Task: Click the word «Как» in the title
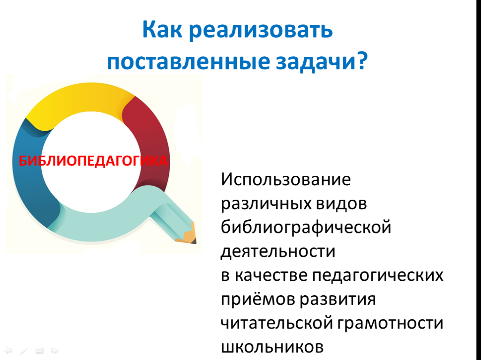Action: (x=162, y=30)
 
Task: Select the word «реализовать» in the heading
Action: (x=261, y=31)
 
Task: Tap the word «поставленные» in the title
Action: (x=188, y=61)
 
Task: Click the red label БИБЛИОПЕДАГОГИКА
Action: (x=93, y=161)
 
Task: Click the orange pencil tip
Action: (x=188, y=234)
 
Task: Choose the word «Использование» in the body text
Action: (x=286, y=179)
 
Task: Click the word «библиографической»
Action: (x=306, y=228)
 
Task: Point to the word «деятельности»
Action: (x=278, y=252)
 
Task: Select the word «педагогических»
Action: (x=377, y=276)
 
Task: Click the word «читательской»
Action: (x=277, y=323)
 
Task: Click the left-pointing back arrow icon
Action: (x=8, y=351)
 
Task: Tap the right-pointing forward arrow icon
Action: (x=54, y=351)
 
